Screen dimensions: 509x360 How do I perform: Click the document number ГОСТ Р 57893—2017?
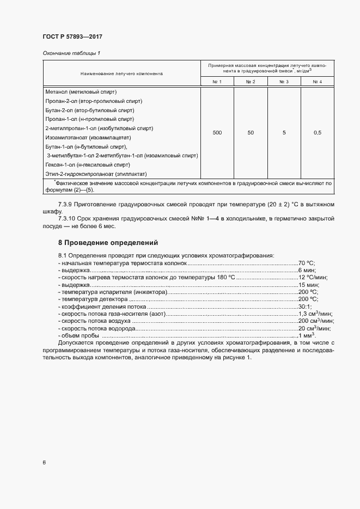(x=72, y=36)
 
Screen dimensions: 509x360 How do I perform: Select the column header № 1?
(x=217, y=82)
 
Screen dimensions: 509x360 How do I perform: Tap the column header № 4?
(x=317, y=82)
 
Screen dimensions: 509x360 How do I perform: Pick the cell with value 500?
(x=217, y=133)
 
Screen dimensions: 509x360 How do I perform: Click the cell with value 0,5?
(x=318, y=133)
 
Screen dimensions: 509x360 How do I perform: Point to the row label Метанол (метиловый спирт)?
(x=81, y=92)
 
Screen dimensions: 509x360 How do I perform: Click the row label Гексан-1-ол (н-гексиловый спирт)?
(x=87, y=164)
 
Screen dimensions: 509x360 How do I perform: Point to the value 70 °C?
(x=307, y=262)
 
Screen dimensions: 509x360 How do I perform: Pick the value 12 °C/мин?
(x=310, y=277)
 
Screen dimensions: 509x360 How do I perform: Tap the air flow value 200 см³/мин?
(x=314, y=321)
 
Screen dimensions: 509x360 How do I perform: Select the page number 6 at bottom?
(x=44, y=463)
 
